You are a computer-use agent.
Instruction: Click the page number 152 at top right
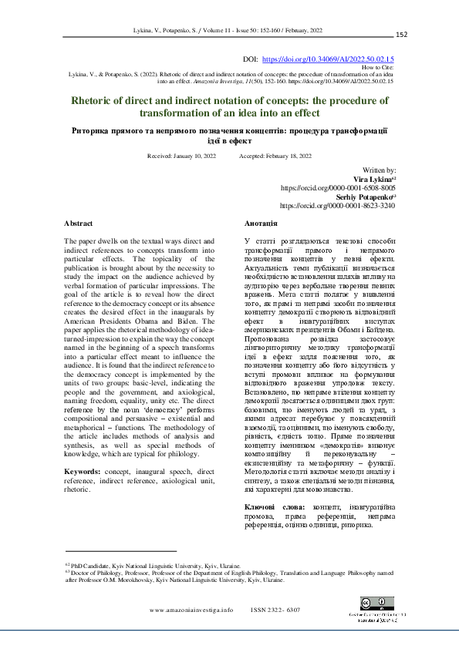(x=401, y=35)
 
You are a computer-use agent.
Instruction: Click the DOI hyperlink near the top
(x=329, y=59)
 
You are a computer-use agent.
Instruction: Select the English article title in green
(x=229, y=106)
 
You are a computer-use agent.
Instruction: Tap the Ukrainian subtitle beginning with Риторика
(x=229, y=136)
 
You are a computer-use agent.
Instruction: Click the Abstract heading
(x=78, y=223)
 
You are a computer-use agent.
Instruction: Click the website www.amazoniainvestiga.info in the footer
(x=191, y=609)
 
